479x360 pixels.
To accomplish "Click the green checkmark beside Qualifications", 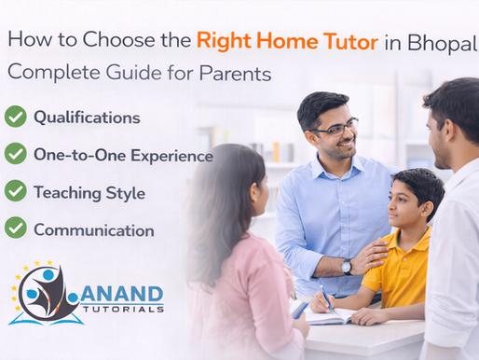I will click(x=15, y=117).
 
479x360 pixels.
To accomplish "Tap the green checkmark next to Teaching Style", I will click(x=15, y=190).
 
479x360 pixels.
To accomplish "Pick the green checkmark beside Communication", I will click(x=15, y=227).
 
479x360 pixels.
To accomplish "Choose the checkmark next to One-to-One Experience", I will click(x=15, y=153).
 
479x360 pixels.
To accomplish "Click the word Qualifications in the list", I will click(x=87, y=118).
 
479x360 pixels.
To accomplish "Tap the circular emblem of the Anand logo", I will click(x=44, y=294).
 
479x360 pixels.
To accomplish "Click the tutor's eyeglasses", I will click(x=334, y=129).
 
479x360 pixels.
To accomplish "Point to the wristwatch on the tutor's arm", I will click(x=347, y=266).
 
